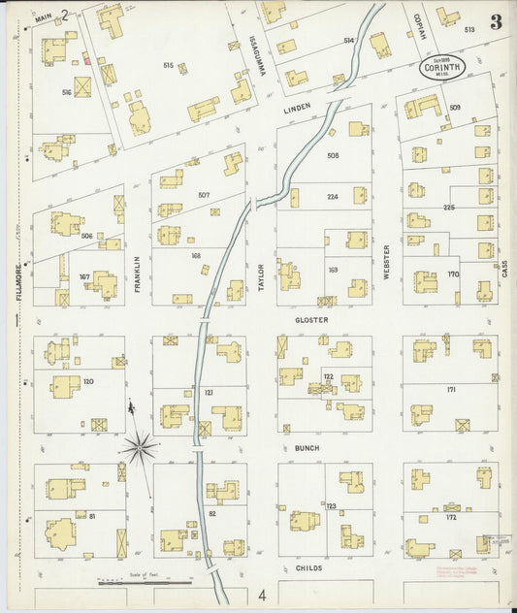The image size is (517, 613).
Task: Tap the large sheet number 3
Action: coord(496,22)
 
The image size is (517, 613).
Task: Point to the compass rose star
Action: coord(141,447)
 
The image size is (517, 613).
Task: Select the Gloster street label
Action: coord(311,319)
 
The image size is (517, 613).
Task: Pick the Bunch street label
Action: coord(307,448)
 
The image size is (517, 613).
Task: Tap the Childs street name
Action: coord(307,567)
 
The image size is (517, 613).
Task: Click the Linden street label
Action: coord(296,111)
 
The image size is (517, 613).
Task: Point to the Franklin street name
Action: coord(138,268)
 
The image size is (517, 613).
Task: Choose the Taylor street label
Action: coord(261,271)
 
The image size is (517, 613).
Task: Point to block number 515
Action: coord(170,66)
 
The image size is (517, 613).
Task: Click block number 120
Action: coord(88,381)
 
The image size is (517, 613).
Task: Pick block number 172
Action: coord(451,517)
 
